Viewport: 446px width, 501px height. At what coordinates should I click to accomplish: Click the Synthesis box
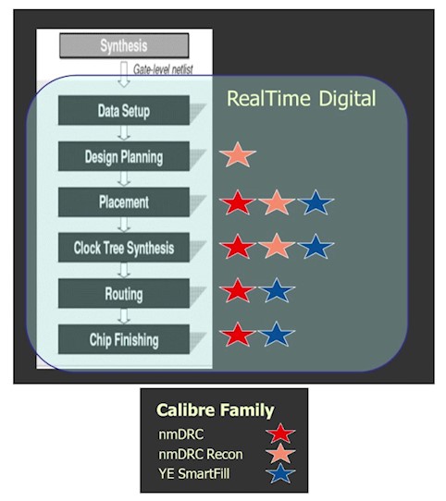tap(124, 45)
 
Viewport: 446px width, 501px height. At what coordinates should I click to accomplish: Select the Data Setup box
tap(124, 110)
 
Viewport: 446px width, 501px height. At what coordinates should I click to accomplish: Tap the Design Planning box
tap(124, 156)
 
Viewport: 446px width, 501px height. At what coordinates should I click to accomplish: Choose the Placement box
tap(124, 202)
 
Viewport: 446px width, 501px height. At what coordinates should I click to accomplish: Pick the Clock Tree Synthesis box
tap(124, 248)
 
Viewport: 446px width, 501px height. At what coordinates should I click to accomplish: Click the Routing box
tap(124, 293)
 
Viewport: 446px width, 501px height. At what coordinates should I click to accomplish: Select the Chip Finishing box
tap(124, 339)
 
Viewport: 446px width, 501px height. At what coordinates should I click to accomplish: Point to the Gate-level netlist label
tap(163, 69)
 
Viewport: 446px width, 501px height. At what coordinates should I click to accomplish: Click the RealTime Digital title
tap(301, 98)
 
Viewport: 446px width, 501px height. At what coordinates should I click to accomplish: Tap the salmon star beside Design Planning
tap(238, 155)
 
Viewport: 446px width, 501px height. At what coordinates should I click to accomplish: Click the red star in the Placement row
tap(238, 202)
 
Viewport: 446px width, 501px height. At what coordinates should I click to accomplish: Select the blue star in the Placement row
tap(316, 202)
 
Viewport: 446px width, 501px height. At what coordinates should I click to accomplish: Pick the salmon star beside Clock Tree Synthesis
tap(277, 247)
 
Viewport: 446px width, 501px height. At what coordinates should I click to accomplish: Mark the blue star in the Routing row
tap(277, 291)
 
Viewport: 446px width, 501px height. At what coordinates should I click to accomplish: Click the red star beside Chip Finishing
tap(238, 336)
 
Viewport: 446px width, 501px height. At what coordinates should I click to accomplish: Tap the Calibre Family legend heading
tap(215, 410)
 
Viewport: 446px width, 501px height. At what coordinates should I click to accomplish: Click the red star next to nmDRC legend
tap(280, 434)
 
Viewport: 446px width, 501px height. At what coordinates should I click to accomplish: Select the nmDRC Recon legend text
tap(201, 455)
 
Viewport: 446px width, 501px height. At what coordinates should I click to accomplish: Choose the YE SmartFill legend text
tap(194, 474)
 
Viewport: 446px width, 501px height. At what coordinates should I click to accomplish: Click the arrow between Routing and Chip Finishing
tap(124, 316)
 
